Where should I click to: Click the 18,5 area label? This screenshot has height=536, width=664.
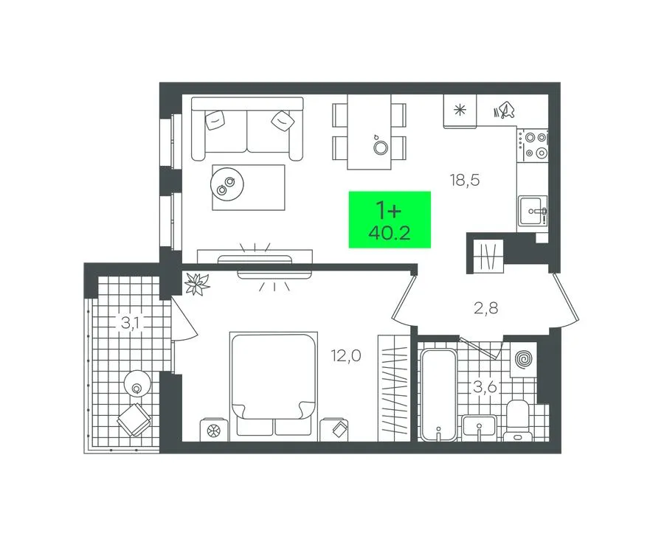coord(465,181)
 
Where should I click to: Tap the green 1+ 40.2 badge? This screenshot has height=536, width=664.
coord(390,220)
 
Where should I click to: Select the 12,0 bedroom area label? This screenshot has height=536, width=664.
coord(346,356)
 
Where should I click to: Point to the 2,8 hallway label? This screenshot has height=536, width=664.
coord(486,308)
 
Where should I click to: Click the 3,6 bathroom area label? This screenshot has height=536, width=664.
coord(485,386)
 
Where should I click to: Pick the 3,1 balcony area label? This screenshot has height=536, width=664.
coord(131,323)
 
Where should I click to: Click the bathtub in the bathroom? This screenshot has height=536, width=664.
coord(438,394)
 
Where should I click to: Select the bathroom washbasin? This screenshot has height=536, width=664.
coord(480,426)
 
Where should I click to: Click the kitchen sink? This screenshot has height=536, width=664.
coord(533,211)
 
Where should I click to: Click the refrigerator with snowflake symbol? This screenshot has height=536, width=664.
coord(460,111)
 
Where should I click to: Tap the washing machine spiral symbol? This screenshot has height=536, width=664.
coord(523,360)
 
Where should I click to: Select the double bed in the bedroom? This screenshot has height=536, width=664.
coord(274,384)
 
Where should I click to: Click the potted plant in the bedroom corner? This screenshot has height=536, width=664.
coord(196,283)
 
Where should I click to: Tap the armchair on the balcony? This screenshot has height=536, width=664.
coord(134,420)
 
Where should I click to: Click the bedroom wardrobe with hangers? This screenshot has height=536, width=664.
coord(394,389)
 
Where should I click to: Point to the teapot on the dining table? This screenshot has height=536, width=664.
coord(380,145)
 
